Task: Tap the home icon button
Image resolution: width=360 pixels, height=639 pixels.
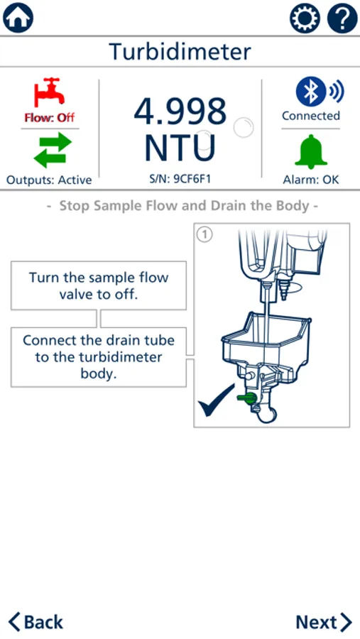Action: coord(18,18)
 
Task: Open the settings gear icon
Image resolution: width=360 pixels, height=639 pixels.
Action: coord(305,18)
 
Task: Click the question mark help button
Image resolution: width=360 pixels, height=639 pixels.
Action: coord(342,18)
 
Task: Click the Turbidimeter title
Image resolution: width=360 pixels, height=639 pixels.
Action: coord(180,52)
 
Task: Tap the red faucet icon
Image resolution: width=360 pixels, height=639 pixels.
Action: coord(49,92)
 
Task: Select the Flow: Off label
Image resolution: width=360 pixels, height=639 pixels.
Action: coord(49,118)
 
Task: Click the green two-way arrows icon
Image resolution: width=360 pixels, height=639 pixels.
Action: coord(53,150)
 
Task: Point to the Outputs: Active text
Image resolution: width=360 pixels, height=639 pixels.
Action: coord(49,180)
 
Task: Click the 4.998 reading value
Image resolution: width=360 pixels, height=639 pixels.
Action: coord(180,111)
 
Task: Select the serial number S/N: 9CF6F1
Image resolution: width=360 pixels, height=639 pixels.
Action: coord(180,179)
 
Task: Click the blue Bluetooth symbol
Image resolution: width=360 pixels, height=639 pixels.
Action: coord(311,92)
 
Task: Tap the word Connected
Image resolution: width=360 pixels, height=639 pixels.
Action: coord(311,116)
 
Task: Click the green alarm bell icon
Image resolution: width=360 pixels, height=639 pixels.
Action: coord(311,151)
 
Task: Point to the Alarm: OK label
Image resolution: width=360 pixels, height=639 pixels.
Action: coord(311,180)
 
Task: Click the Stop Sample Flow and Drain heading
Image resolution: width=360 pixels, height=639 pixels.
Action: coord(182,205)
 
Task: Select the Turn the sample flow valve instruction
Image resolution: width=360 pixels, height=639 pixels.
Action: coord(99,285)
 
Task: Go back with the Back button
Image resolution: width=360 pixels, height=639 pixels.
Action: coord(36,622)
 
